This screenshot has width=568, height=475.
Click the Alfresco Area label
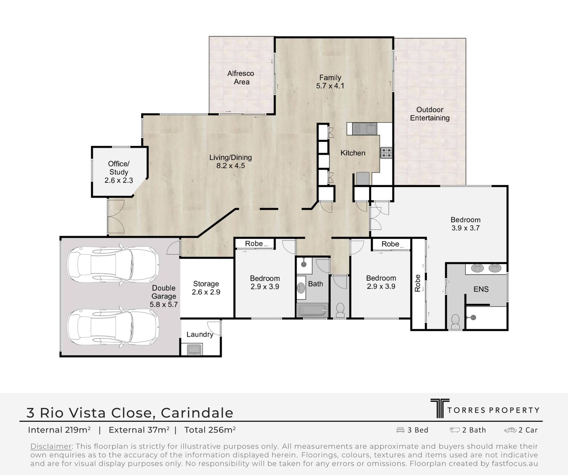(x=241, y=78)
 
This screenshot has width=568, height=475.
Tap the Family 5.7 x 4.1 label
(x=330, y=82)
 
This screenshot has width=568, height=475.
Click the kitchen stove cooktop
(x=386, y=153)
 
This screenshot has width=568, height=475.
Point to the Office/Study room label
(x=119, y=172)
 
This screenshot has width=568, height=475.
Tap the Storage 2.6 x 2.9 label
(x=206, y=288)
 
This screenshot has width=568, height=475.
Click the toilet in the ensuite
(x=455, y=322)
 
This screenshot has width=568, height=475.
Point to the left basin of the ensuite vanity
(x=477, y=268)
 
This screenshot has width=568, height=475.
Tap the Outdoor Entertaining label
(x=430, y=114)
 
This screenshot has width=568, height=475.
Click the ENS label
(x=481, y=289)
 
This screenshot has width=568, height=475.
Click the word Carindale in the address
(x=197, y=413)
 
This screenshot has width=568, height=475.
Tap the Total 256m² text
(x=210, y=430)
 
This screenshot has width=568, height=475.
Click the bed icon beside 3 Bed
(x=400, y=430)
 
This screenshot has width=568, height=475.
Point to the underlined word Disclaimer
(x=51, y=446)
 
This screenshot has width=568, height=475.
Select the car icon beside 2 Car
(x=510, y=430)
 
